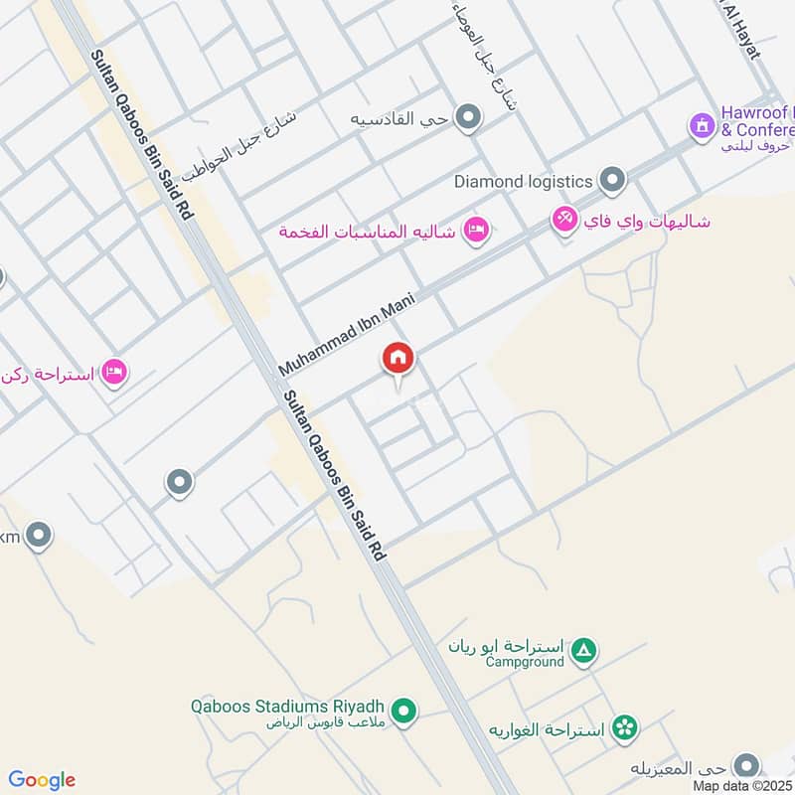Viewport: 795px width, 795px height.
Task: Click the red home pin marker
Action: click(x=398, y=359)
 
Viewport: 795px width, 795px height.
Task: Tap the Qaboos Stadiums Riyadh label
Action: click(x=289, y=708)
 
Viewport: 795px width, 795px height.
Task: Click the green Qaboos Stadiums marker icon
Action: click(x=403, y=711)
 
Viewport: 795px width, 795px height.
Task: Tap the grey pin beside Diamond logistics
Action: click(x=614, y=181)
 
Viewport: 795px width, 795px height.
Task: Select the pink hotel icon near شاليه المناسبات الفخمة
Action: click(x=477, y=231)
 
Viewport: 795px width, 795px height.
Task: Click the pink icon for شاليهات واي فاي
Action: click(x=563, y=219)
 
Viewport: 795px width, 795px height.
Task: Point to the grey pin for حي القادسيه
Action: click(x=467, y=119)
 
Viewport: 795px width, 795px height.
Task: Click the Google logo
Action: click(x=42, y=780)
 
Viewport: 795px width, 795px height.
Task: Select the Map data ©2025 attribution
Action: click(x=742, y=785)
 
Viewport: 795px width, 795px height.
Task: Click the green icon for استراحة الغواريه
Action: click(x=625, y=728)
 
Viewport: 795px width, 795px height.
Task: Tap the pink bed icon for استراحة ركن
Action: click(x=114, y=373)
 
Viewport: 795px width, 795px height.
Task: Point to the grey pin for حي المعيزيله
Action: click(x=744, y=766)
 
